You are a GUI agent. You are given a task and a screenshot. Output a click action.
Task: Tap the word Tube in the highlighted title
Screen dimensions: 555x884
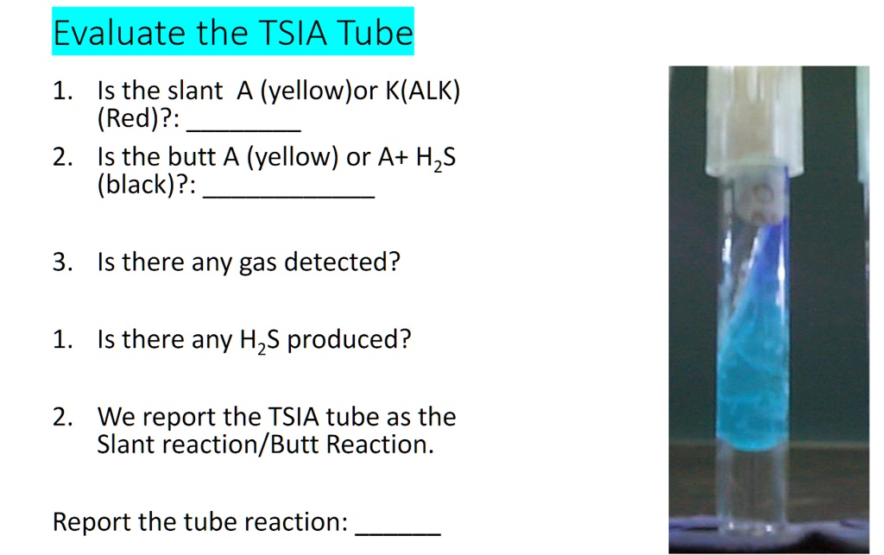click(374, 33)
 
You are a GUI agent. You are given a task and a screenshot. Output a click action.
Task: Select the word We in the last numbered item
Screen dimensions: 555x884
click(114, 417)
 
